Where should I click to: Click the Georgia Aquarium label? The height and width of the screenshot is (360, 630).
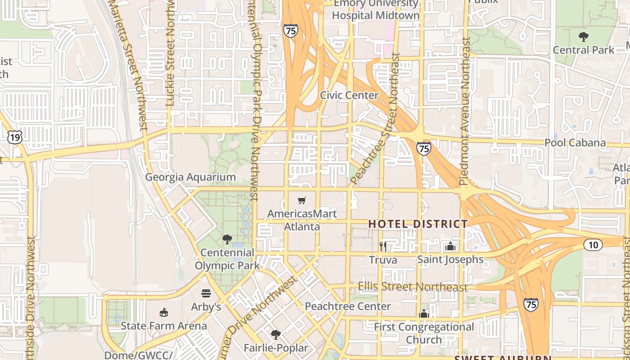pyautogui.click(x=190, y=177)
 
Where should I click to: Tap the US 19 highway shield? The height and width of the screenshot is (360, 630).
pyautogui.click(x=15, y=137)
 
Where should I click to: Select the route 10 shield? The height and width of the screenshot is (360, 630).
pyautogui.click(x=593, y=245)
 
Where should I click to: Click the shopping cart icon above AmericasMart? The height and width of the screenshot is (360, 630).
pyautogui.click(x=302, y=200)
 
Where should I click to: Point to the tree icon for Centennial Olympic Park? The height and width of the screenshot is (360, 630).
pyautogui.click(x=227, y=239)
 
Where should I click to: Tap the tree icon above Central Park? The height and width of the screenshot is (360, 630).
pyautogui.click(x=584, y=36)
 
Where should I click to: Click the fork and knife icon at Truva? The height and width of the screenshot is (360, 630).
pyautogui.click(x=383, y=246)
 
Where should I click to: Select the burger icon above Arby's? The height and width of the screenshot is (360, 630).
pyautogui.click(x=206, y=293)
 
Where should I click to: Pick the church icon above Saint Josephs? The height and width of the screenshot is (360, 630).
pyautogui.click(x=450, y=246)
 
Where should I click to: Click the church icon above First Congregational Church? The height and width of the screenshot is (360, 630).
pyautogui.click(x=423, y=314)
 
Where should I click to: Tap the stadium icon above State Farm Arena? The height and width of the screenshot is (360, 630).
pyautogui.click(x=164, y=312)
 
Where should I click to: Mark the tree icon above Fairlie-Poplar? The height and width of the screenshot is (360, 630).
pyautogui.click(x=275, y=334)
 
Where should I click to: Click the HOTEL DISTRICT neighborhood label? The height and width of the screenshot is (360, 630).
pyautogui.click(x=418, y=224)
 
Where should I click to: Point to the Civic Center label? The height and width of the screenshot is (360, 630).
pyautogui.click(x=349, y=95)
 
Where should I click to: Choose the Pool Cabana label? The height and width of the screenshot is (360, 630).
pyautogui.click(x=575, y=143)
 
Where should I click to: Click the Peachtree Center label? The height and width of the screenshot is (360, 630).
pyautogui.click(x=348, y=306)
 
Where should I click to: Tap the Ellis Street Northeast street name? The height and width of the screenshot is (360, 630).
pyautogui.click(x=413, y=287)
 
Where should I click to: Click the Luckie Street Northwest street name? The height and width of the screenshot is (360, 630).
pyautogui.click(x=170, y=54)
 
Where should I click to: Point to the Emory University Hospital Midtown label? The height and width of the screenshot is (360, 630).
pyautogui.click(x=376, y=9)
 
